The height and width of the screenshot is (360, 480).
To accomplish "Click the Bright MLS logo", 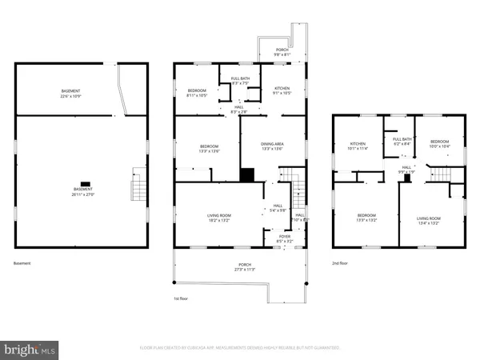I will coord(30,349).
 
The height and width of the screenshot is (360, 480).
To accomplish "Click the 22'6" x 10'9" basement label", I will coord(70,94).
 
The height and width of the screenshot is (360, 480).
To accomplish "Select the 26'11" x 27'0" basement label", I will coord(82,191).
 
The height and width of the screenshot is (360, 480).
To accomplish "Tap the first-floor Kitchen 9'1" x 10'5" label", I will coord(282,90).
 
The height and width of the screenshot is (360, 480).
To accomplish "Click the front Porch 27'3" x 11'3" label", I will coord(244,267).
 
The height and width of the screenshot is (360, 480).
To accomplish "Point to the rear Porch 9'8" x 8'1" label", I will coord(282,52).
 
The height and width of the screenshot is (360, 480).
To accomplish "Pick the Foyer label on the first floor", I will coord(285,238).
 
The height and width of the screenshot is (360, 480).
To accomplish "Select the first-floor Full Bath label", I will coord(240,80).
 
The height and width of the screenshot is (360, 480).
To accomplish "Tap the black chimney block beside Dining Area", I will coord(247,174).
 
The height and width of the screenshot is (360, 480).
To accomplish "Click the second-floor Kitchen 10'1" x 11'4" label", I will coord(356,146).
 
